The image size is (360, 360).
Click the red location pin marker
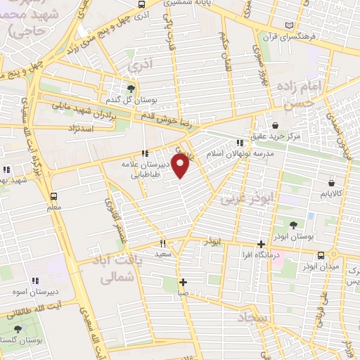coord(181,165)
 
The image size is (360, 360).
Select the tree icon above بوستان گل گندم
coord(130,89)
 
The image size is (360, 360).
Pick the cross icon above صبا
coord(183,282)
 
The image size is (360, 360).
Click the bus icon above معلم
coord(54,197)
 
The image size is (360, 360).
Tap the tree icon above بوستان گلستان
coord(18,329)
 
